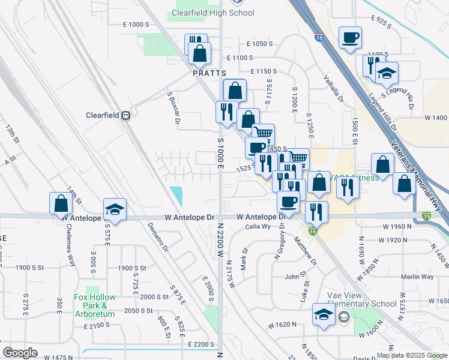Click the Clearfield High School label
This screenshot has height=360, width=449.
[212, 13]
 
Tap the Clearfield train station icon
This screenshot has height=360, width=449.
[126, 116]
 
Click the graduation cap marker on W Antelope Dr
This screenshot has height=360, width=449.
[115, 210]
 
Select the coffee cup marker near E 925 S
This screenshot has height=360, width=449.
[351, 38]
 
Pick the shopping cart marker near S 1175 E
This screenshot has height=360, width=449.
[262, 134]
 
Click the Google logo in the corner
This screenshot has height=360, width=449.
[19, 353]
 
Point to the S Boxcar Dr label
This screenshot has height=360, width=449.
[174, 109]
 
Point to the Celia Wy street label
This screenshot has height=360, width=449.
[258, 227]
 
